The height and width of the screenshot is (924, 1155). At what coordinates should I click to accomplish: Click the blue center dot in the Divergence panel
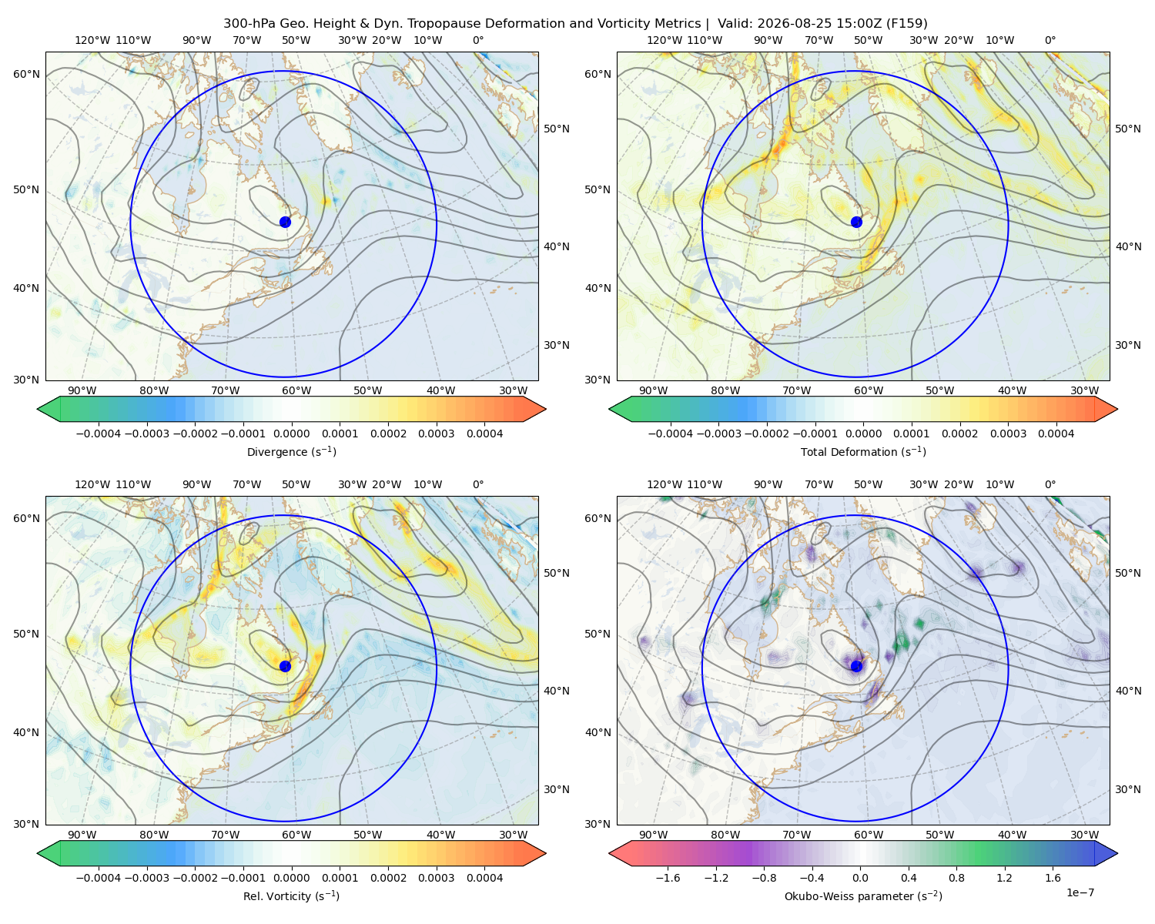click(x=285, y=222)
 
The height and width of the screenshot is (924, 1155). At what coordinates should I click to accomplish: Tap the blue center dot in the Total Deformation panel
click(x=856, y=222)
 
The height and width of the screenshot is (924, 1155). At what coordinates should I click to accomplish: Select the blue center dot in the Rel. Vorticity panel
click(x=285, y=666)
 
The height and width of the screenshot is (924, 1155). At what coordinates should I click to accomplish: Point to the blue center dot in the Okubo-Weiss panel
click(x=856, y=666)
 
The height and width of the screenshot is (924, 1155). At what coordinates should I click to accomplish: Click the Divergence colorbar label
click(x=291, y=452)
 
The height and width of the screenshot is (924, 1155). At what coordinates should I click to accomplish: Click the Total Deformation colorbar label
click(x=863, y=452)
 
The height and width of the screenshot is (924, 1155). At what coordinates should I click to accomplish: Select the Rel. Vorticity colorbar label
click(x=291, y=896)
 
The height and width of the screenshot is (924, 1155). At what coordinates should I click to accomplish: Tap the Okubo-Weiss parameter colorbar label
click(x=863, y=896)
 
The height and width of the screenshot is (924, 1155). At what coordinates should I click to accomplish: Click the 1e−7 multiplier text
click(x=1080, y=892)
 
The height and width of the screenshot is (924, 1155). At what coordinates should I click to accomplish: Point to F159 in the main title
click(x=906, y=24)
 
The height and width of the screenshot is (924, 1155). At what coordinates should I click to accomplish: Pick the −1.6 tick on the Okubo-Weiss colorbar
click(x=668, y=878)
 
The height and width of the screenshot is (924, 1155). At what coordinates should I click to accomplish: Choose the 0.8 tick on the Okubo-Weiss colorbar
click(x=956, y=878)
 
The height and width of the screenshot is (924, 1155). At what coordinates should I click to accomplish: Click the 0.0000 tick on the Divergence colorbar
click(x=291, y=434)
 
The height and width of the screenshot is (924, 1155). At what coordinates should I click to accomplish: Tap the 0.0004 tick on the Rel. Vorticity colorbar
click(x=484, y=878)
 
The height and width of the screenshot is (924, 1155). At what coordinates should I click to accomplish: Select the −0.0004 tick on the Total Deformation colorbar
click(x=671, y=434)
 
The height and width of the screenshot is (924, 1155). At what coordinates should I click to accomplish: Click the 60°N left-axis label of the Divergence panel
click(x=26, y=74)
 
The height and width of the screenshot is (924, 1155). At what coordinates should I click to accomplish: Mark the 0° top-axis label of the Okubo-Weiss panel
click(x=1050, y=484)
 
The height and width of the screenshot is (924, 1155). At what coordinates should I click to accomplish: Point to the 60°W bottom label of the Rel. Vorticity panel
click(x=296, y=835)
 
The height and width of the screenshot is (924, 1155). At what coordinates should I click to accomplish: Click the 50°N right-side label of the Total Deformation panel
click(x=1128, y=129)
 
